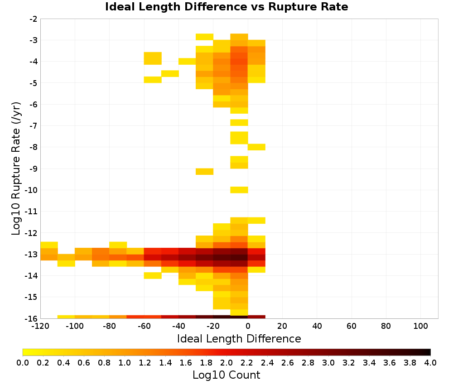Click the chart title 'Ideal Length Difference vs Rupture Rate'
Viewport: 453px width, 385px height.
pyautogui.click(x=226, y=7)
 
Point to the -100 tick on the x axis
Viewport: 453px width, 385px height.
pyautogui.click(x=75, y=327)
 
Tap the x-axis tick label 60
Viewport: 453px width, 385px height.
pyautogui.click(x=352, y=327)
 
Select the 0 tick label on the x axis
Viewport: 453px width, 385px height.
pyautogui.click(x=248, y=327)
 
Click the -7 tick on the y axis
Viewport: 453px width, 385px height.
pyautogui.click(x=34, y=125)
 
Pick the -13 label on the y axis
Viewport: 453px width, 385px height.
pyautogui.click(x=31, y=255)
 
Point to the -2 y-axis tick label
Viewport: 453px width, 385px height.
pyautogui.click(x=34, y=19)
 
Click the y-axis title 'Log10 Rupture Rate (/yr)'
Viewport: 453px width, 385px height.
pyautogui.click(x=16, y=168)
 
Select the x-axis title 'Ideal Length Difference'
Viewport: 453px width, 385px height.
pyautogui.click(x=239, y=339)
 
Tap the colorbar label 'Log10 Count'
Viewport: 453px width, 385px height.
pyautogui.click(x=226, y=375)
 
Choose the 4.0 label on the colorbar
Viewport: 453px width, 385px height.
pyautogui.click(x=430, y=363)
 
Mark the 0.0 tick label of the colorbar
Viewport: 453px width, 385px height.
pyautogui.click(x=23, y=363)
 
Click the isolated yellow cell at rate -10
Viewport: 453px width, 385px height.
pyautogui.click(x=239, y=190)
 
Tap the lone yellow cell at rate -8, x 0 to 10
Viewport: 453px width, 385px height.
pyautogui.click(x=256, y=147)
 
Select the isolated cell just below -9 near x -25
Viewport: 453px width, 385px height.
pyautogui.click(x=205, y=172)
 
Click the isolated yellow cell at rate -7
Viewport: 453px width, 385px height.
pyautogui.click(x=239, y=122)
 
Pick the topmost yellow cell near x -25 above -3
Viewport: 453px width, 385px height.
pyautogui.click(x=205, y=37)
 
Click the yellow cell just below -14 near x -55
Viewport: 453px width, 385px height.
pyautogui.click(x=153, y=275)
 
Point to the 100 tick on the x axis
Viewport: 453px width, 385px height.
pyautogui.click(x=420, y=327)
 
